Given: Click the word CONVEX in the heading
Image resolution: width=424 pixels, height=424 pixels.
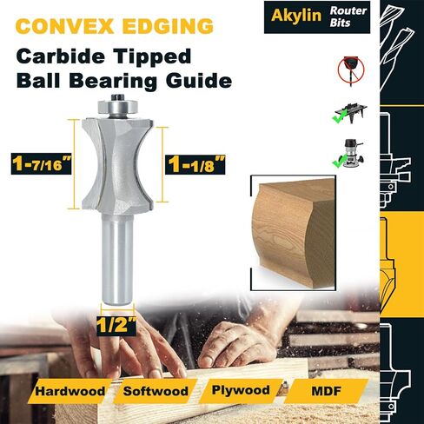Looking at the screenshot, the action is point(64,26).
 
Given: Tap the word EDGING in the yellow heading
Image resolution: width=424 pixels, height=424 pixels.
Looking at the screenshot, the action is point(168,26).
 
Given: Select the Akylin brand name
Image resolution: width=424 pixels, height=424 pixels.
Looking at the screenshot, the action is point(296,16).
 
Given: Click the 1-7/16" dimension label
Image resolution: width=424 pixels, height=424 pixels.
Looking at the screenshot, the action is point(42,163).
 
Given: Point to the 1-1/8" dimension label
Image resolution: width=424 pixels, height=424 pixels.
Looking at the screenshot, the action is point(195,164).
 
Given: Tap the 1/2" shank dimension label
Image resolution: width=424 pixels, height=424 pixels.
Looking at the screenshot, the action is point(116,325).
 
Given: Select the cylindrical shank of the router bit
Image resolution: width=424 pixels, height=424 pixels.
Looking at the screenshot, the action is point(117,259).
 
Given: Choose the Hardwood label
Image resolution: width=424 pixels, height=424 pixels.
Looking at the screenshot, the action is point(70,391).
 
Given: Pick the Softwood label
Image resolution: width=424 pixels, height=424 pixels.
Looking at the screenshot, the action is point(156,391).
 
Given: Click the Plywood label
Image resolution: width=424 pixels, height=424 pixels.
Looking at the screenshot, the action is point(241,390).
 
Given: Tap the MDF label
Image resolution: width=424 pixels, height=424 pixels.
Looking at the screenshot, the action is point(326,391).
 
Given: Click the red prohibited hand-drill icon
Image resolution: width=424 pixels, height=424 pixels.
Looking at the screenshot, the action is point(351,70).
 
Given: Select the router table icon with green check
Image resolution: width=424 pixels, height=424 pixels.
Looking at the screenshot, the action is point(349,113).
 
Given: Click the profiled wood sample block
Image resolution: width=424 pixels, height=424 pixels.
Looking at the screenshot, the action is point(293,233).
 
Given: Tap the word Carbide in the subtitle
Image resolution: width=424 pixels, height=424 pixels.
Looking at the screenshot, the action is point(60,56).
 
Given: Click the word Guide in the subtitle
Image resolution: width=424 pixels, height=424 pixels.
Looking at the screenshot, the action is point(199,81).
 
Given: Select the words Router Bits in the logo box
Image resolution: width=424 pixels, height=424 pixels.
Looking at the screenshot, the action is point(348,17).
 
